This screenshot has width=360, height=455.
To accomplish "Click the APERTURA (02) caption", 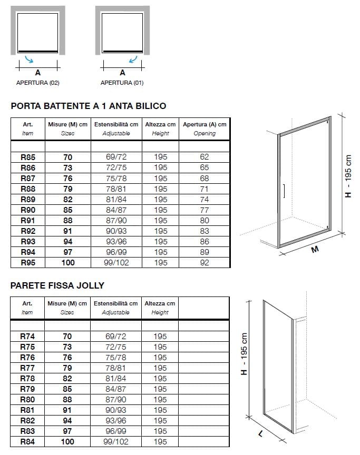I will tap(38, 83).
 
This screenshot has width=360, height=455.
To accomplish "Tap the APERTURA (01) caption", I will tap(122, 83).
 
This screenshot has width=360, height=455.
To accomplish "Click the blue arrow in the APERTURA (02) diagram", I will tap(36, 60).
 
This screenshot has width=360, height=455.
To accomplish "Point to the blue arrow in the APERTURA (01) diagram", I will tap(134, 60).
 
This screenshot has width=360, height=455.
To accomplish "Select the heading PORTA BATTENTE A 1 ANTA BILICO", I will tap(89, 106).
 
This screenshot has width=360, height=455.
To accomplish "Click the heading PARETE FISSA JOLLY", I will tap(57, 285).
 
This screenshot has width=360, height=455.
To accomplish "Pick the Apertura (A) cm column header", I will tap(205, 124).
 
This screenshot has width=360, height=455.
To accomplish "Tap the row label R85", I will tap(27, 157).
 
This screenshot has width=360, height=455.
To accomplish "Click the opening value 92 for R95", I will tap(205, 263).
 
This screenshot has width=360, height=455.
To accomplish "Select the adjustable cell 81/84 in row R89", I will tap(116, 200).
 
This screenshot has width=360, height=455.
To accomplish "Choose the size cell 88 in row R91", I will tap(67, 221).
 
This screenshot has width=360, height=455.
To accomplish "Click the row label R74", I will tap(27, 337).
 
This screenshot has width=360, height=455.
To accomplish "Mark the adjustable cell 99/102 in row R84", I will tap(116, 442).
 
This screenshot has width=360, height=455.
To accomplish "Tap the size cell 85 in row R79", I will tap(67, 389).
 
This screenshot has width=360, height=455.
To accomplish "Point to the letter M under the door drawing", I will tap(315, 250).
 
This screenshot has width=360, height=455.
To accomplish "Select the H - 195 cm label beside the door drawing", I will tap(348, 176).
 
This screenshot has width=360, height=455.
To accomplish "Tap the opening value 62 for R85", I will tap(205, 157).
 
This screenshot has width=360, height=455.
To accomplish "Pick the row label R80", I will tap(27, 400).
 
